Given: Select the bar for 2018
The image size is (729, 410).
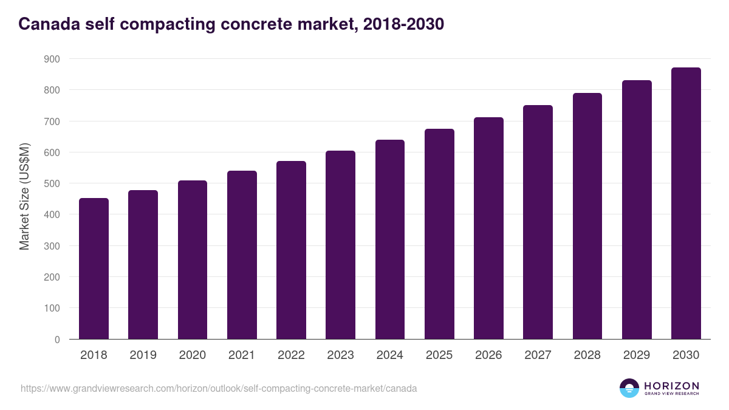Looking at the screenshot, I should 94,268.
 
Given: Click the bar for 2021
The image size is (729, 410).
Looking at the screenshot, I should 242,255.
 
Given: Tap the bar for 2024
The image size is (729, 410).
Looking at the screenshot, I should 390,239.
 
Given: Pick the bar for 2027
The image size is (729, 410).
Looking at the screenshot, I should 538,222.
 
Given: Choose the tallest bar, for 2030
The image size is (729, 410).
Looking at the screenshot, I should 686,203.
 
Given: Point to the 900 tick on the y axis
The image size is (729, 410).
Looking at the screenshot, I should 52,59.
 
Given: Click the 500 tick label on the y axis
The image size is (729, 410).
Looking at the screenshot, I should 52,183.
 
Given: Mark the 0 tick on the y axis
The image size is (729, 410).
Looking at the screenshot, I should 57,340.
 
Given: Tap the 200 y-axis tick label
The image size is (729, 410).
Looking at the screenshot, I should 52,277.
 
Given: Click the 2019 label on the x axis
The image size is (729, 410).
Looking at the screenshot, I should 143,355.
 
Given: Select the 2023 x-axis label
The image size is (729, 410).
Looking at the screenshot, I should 340,355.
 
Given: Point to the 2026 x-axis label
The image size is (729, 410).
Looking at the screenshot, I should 488,355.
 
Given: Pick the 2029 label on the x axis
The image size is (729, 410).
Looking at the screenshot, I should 637,355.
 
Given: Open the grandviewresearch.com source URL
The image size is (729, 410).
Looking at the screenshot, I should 219,388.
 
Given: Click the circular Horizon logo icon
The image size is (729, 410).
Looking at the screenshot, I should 629,388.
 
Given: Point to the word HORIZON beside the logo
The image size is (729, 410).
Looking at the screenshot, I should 671,385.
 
